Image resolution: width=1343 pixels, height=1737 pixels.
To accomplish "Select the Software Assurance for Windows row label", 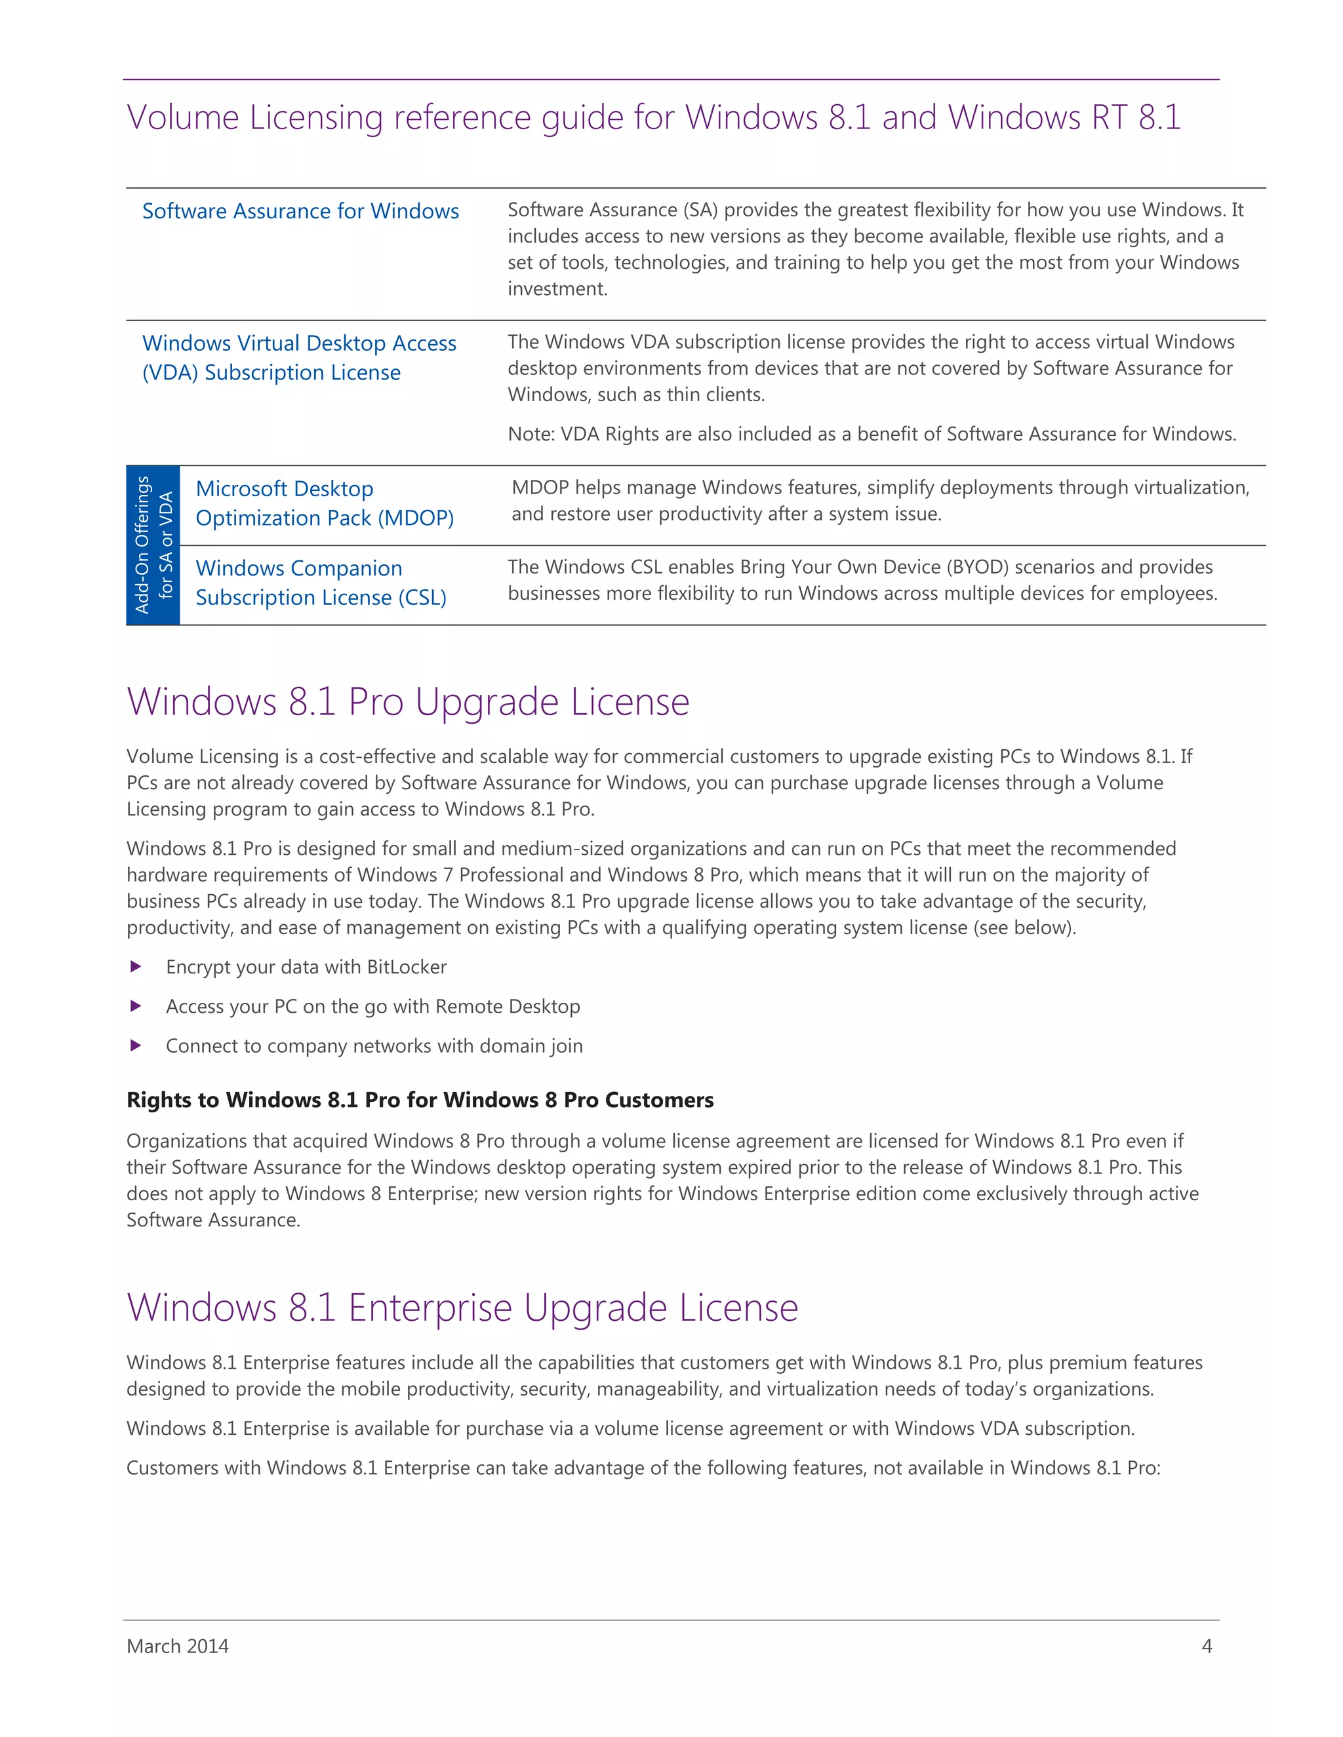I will tap(300, 211).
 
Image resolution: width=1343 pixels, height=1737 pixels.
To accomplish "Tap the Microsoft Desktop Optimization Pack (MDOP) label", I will tap(324, 503).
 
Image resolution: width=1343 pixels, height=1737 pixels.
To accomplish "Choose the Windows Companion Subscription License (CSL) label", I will tap(321, 582).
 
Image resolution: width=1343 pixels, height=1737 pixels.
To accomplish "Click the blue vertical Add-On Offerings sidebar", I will tap(153, 545).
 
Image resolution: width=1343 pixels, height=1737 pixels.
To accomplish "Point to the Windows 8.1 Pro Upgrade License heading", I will tap(407, 701).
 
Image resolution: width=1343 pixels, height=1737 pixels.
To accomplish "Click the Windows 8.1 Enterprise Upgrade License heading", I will tap(462, 1308).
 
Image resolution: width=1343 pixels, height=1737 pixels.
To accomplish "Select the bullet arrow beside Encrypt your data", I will tap(136, 966).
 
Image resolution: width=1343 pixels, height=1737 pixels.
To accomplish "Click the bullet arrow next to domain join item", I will tap(136, 1045).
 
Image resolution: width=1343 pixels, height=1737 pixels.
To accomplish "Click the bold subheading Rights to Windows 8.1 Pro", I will tap(419, 1100).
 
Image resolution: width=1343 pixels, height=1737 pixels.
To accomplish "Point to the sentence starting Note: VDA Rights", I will tap(872, 433).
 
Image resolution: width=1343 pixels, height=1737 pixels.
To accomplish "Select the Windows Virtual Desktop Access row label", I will tap(298, 357).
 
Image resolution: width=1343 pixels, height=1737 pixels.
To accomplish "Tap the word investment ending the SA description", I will tap(556, 288).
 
